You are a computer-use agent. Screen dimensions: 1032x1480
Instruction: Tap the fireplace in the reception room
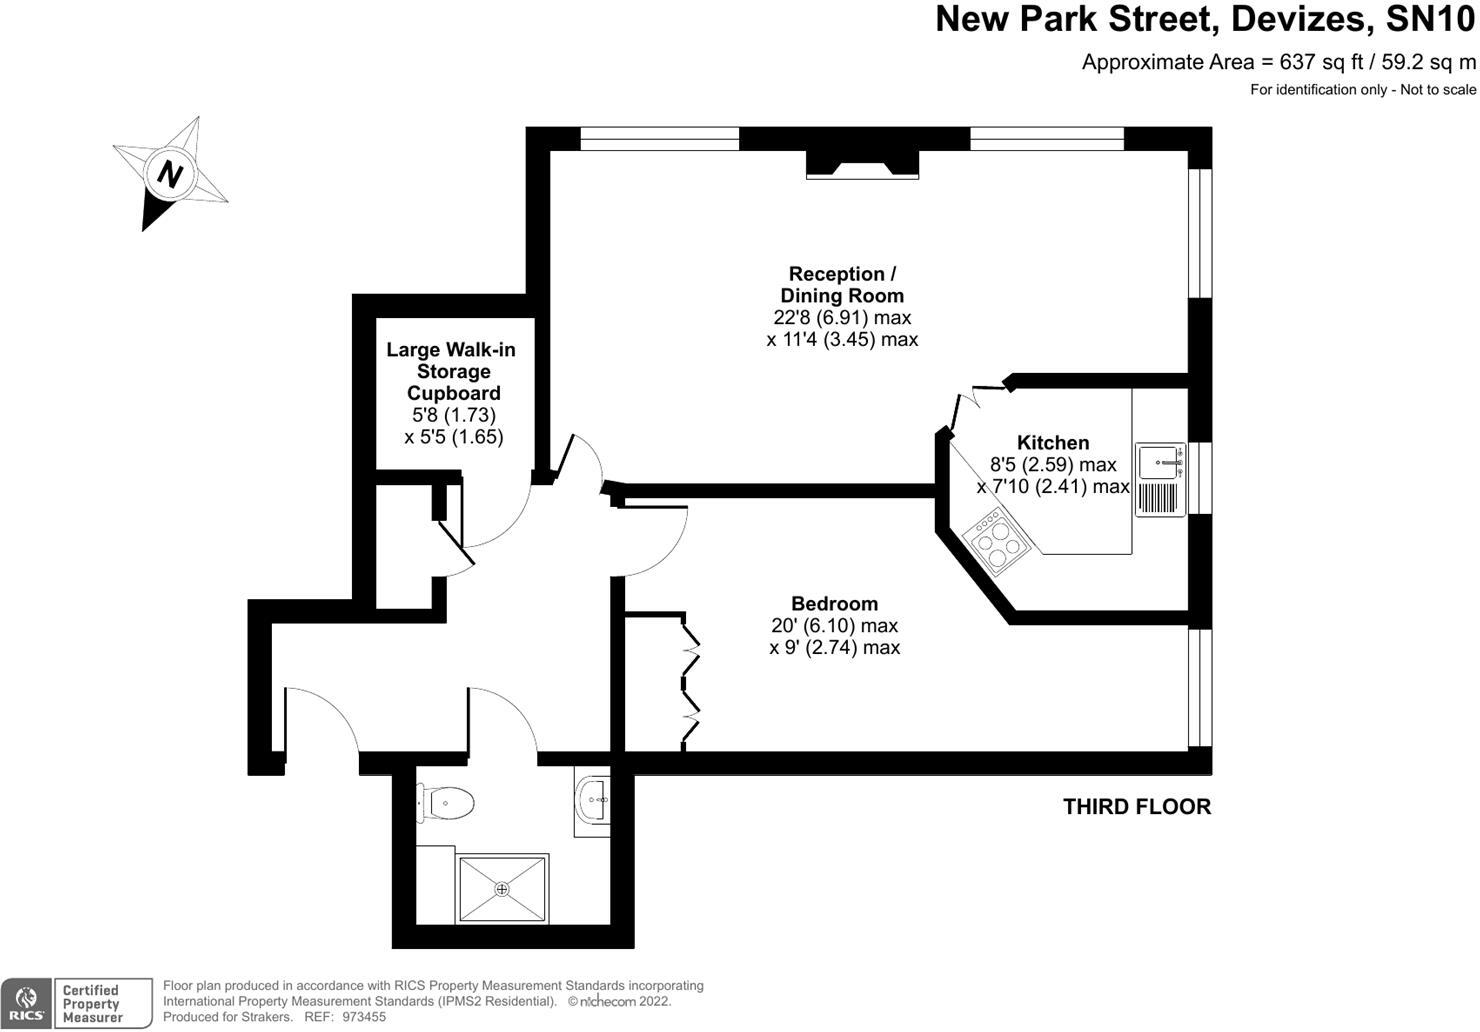tap(862, 165)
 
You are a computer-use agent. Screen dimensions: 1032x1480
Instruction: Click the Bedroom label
tap(834, 604)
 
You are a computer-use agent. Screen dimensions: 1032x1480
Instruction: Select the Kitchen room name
tap(1053, 442)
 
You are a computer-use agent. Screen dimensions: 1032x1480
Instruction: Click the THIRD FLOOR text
tap(1136, 807)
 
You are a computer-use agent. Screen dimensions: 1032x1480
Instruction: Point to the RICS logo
tap(27, 1004)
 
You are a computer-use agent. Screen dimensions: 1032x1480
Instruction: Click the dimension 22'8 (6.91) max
tap(842, 318)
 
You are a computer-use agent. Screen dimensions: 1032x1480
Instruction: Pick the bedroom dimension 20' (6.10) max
tap(834, 626)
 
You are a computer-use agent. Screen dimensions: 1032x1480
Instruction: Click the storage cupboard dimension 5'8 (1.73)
tap(453, 415)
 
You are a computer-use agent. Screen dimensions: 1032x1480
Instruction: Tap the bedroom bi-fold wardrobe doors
tap(690, 681)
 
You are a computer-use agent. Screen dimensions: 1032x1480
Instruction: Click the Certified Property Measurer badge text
tap(91, 1004)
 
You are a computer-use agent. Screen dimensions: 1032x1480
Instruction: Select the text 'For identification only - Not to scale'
tap(1362, 90)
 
